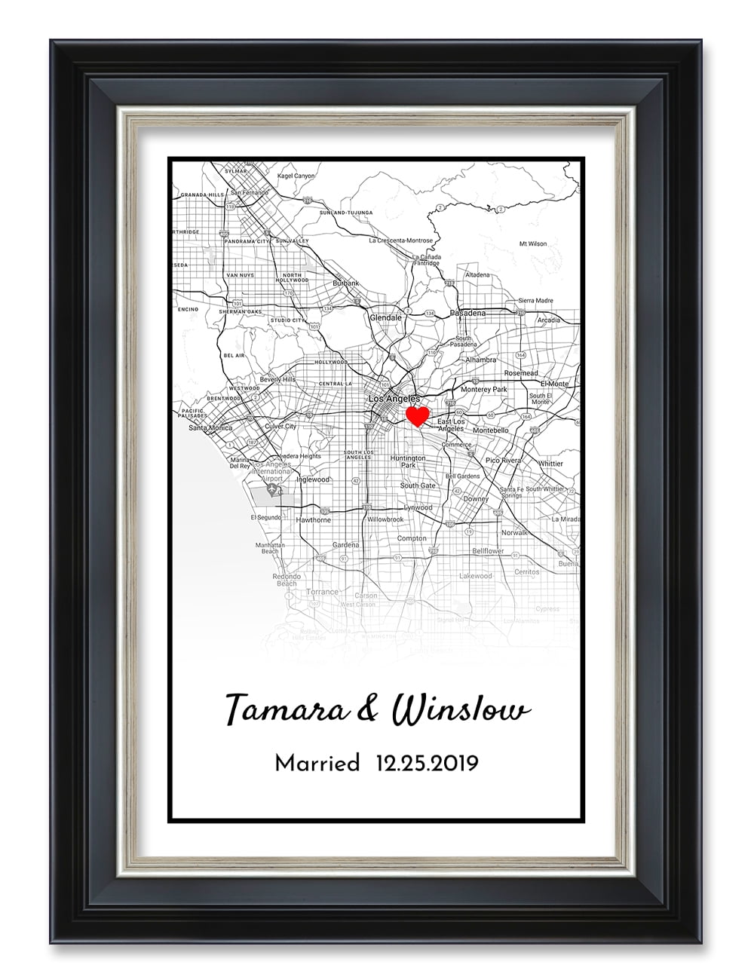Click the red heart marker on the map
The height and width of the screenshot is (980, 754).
(417, 415)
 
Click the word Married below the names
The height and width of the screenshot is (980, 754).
(317, 764)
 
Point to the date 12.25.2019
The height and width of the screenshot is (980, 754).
(427, 764)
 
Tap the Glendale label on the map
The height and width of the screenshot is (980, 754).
(385, 318)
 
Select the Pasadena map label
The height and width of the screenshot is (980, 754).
(467, 312)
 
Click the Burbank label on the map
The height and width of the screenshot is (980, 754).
(346, 283)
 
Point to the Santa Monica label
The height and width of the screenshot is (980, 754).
(210, 427)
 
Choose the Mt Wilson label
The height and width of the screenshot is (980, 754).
(533, 243)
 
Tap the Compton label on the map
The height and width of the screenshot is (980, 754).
(412, 538)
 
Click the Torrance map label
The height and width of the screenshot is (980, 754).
(323, 592)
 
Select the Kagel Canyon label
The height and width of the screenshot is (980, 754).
(296, 176)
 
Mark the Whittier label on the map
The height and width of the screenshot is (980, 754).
(550, 464)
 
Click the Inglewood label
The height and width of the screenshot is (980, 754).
(313, 479)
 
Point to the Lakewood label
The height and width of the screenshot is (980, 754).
(475, 576)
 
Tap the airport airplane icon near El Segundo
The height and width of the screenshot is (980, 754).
(272, 492)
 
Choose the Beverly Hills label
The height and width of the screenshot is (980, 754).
(277, 379)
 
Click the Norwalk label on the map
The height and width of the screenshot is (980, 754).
(515, 532)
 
